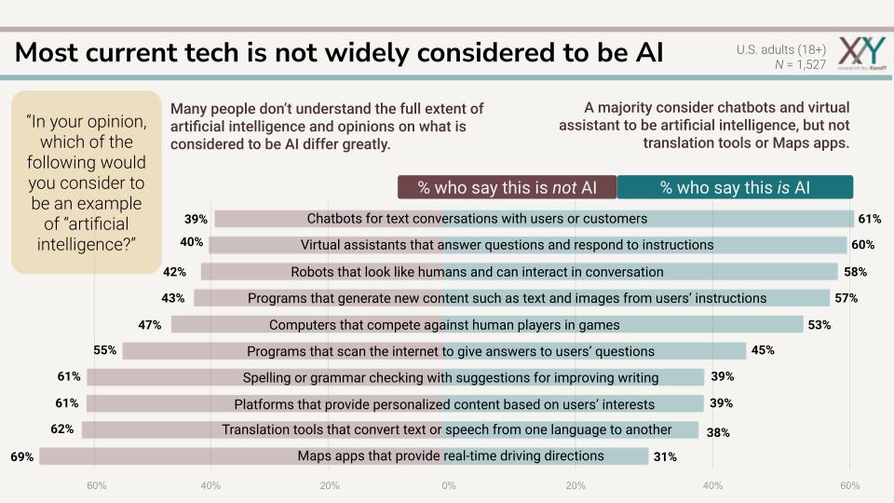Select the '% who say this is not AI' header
tap(507, 187)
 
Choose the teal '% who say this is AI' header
tap(735, 187)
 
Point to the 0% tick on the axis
tap(449, 486)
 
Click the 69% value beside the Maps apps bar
tap(22, 456)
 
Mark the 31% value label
tap(665, 456)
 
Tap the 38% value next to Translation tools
tap(718, 432)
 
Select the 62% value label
tap(62, 430)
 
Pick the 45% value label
tap(762, 350)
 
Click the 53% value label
tap(819, 325)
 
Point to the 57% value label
tap(846, 298)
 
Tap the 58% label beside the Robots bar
tap(855, 272)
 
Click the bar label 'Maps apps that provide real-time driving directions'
tap(451, 456)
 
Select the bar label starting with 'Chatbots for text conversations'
tap(477, 219)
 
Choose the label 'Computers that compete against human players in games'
tap(444, 325)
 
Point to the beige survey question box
tap(87, 181)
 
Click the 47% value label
tap(150, 325)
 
